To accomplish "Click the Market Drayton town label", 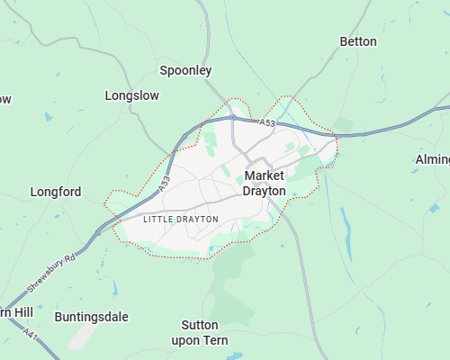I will pos(265,183).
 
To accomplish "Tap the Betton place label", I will pos(357,41).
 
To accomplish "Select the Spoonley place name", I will pos(185,69).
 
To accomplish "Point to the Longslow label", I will pos(131,94).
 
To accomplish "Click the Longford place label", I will pos(56,192).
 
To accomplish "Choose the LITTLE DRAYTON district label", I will pos(180,219).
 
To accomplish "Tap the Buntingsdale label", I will pos(91,317).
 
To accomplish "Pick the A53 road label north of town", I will pos(266,122).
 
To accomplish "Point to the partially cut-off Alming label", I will pos(432,159).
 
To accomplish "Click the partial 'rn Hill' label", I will pos(16,311).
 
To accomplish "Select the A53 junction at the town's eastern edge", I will pos(335,137).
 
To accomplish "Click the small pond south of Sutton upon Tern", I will pos(235,355).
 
